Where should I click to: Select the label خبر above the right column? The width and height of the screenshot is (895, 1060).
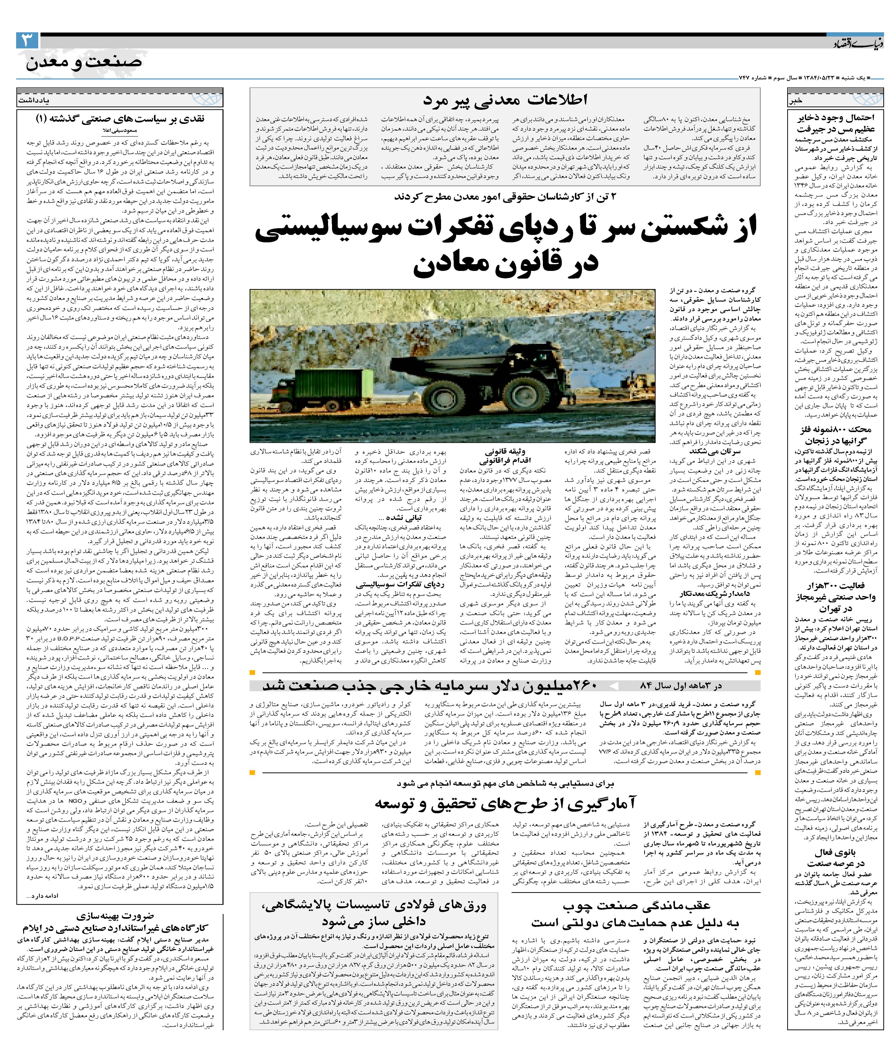(x=795, y=100)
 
